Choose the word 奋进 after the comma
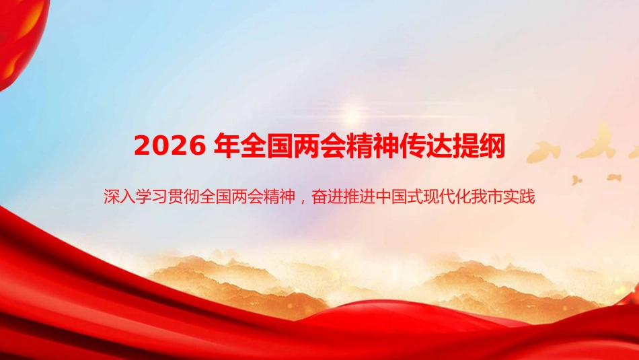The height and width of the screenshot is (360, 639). pyautogui.click(x=328, y=198)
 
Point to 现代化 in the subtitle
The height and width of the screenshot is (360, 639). pyautogui.click(x=439, y=198)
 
